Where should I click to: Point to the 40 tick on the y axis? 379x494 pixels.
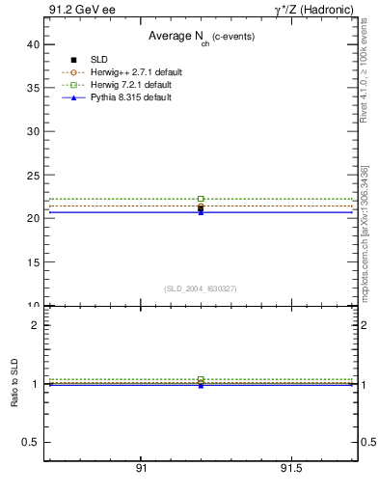(x=33, y=44)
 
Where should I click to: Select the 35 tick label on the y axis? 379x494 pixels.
(x=33, y=88)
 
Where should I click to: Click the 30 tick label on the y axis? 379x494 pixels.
(x=33, y=131)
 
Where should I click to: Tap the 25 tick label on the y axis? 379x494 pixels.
(x=33, y=175)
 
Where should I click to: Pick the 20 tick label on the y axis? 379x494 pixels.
(x=33, y=218)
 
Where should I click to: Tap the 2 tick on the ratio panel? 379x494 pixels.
(x=36, y=325)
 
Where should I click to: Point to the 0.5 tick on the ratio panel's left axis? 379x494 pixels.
(x=31, y=442)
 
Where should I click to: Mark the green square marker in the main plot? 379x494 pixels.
(x=201, y=199)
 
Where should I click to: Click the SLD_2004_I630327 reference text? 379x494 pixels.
(x=200, y=288)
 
